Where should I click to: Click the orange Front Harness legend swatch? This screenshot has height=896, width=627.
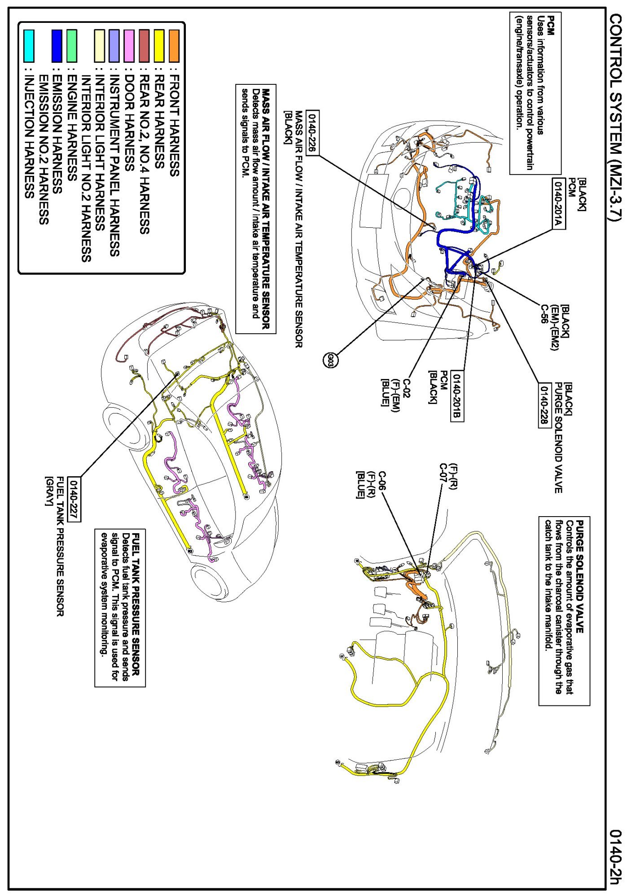174,46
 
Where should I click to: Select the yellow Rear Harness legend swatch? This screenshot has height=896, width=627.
159,46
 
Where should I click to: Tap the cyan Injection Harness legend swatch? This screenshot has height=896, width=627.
29,46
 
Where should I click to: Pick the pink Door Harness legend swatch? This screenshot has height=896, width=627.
129,46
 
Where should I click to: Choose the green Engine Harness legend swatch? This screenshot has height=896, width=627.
72,46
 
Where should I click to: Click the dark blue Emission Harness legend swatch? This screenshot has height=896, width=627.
57,46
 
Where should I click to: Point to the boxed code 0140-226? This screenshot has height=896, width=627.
312,132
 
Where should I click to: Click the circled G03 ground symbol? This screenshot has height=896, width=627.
330,360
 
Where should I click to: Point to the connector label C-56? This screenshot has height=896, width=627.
544,314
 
